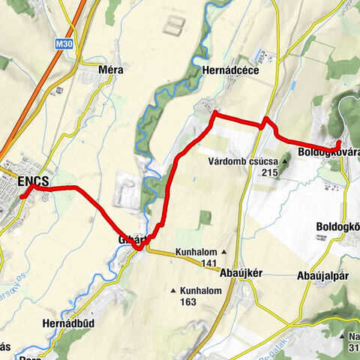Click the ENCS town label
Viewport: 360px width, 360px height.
[x=33, y=181]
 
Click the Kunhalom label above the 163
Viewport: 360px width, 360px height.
[x=205, y=290]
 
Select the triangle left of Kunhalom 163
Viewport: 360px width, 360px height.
[x=174, y=291]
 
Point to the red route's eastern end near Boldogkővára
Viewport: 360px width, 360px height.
[x=339, y=142]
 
